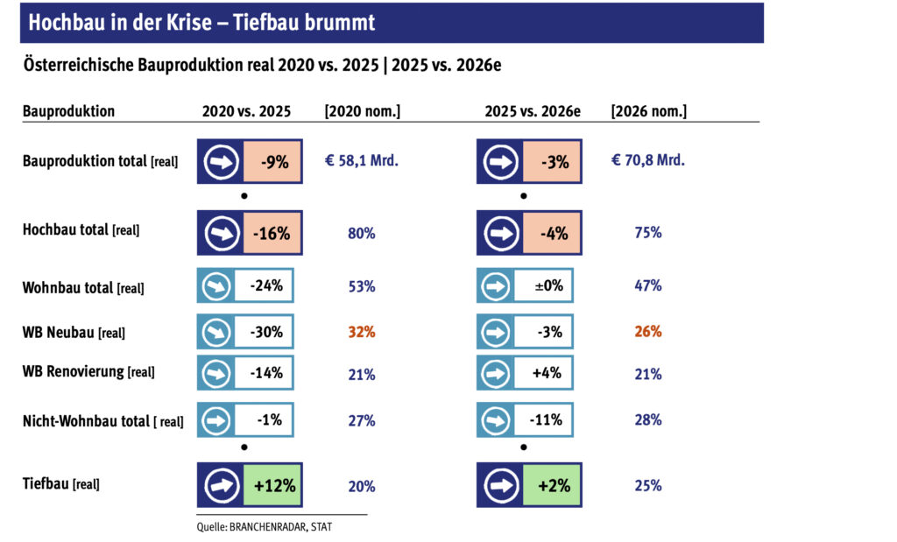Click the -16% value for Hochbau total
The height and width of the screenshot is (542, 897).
[x=272, y=233]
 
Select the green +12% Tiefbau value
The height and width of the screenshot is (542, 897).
[x=275, y=485]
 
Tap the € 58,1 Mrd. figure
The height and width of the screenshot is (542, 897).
[x=362, y=160]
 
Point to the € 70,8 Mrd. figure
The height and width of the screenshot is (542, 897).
[x=647, y=160]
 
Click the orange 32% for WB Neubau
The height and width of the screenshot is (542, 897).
[x=362, y=332]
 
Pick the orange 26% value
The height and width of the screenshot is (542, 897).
[x=648, y=331]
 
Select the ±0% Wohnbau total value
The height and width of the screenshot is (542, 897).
[x=549, y=285]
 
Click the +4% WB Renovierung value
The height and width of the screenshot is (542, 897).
[x=547, y=373]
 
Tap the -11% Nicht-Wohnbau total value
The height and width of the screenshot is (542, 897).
[x=547, y=420]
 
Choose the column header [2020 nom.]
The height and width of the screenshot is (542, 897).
[x=362, y=111]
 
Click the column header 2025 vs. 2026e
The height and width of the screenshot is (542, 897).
[x=533, y=111]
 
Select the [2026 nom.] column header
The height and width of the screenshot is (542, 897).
[x=649, y=111]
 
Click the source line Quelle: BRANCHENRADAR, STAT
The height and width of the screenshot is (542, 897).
[x=265, y=527]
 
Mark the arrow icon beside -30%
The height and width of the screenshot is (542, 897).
[x=216, y=332]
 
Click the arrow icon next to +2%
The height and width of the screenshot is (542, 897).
[x=501, y=485]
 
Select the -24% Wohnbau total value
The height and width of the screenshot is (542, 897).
[x=266, y=285]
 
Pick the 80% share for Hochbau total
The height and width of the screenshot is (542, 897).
[x=362, y=233]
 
